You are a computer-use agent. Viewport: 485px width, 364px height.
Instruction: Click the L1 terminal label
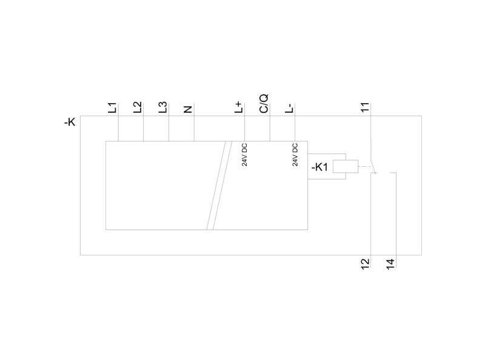click(113, 107)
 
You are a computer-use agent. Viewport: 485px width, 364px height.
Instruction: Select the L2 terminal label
click(138, 107)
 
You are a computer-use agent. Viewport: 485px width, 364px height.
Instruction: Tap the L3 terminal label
click(163, 107)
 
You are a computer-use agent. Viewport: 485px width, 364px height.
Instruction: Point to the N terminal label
click(188, 109)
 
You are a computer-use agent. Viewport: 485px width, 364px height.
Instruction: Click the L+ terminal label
click(239, 107)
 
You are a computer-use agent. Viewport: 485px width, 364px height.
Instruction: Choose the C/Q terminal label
click(264, 104)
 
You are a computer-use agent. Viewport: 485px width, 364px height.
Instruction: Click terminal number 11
click(366, 107)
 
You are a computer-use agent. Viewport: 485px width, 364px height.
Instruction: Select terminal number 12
click(366, 264)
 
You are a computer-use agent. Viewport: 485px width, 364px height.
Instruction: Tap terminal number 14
click(390, 264)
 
